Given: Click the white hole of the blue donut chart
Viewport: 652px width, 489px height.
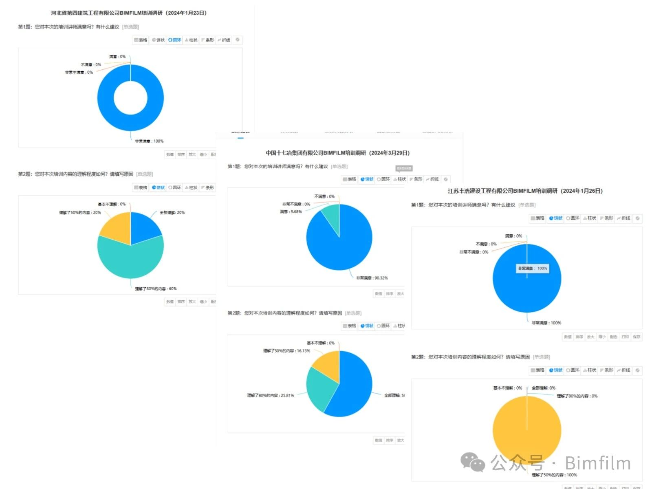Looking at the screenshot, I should pos(130,98).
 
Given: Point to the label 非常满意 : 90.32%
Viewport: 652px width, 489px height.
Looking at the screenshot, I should pos(372,278).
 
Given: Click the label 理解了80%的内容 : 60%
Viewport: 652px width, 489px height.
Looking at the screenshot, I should pos(156,289).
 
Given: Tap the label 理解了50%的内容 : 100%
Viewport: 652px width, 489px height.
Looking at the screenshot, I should pos(554,475).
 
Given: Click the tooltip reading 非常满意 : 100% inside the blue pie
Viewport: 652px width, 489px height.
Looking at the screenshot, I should pos(533,268).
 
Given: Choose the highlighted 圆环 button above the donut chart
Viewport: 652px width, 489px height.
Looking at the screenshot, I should pos(175,40).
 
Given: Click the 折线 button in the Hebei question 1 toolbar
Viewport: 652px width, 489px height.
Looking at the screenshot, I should pos(224,40).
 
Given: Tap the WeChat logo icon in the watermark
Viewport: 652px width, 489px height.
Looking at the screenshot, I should pos(473,463).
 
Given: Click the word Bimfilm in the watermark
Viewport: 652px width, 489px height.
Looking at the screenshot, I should pos(598,463).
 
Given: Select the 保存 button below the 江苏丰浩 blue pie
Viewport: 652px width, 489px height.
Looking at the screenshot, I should pos(637,337).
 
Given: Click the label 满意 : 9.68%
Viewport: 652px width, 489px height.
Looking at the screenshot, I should pos(291,211).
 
